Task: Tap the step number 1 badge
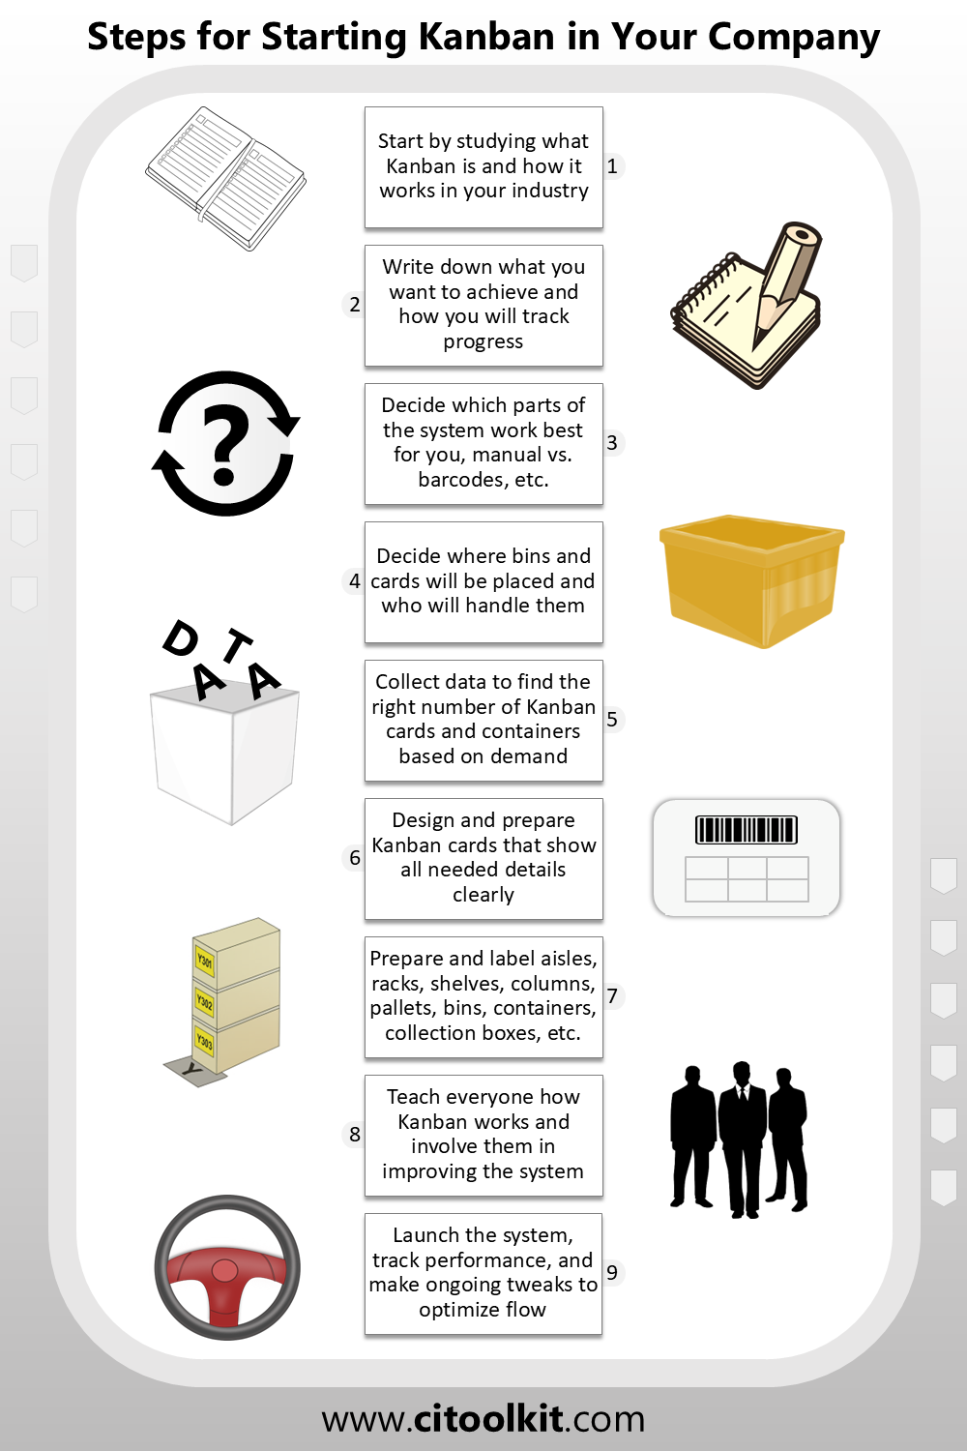(612, 166)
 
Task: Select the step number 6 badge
(354, 858)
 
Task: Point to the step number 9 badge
(612, 1272)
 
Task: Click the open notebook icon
(225, 178)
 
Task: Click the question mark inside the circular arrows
(224, 444)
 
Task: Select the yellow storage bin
(752, 580)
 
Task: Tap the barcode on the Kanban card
(747, 830)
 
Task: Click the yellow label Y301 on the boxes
(205, 960)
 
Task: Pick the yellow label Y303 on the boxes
(205, 1041)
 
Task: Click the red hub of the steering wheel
(224, 1271)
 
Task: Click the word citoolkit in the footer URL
(487, 1418)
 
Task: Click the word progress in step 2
(483, 342)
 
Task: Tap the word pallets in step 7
(399, 1009)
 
